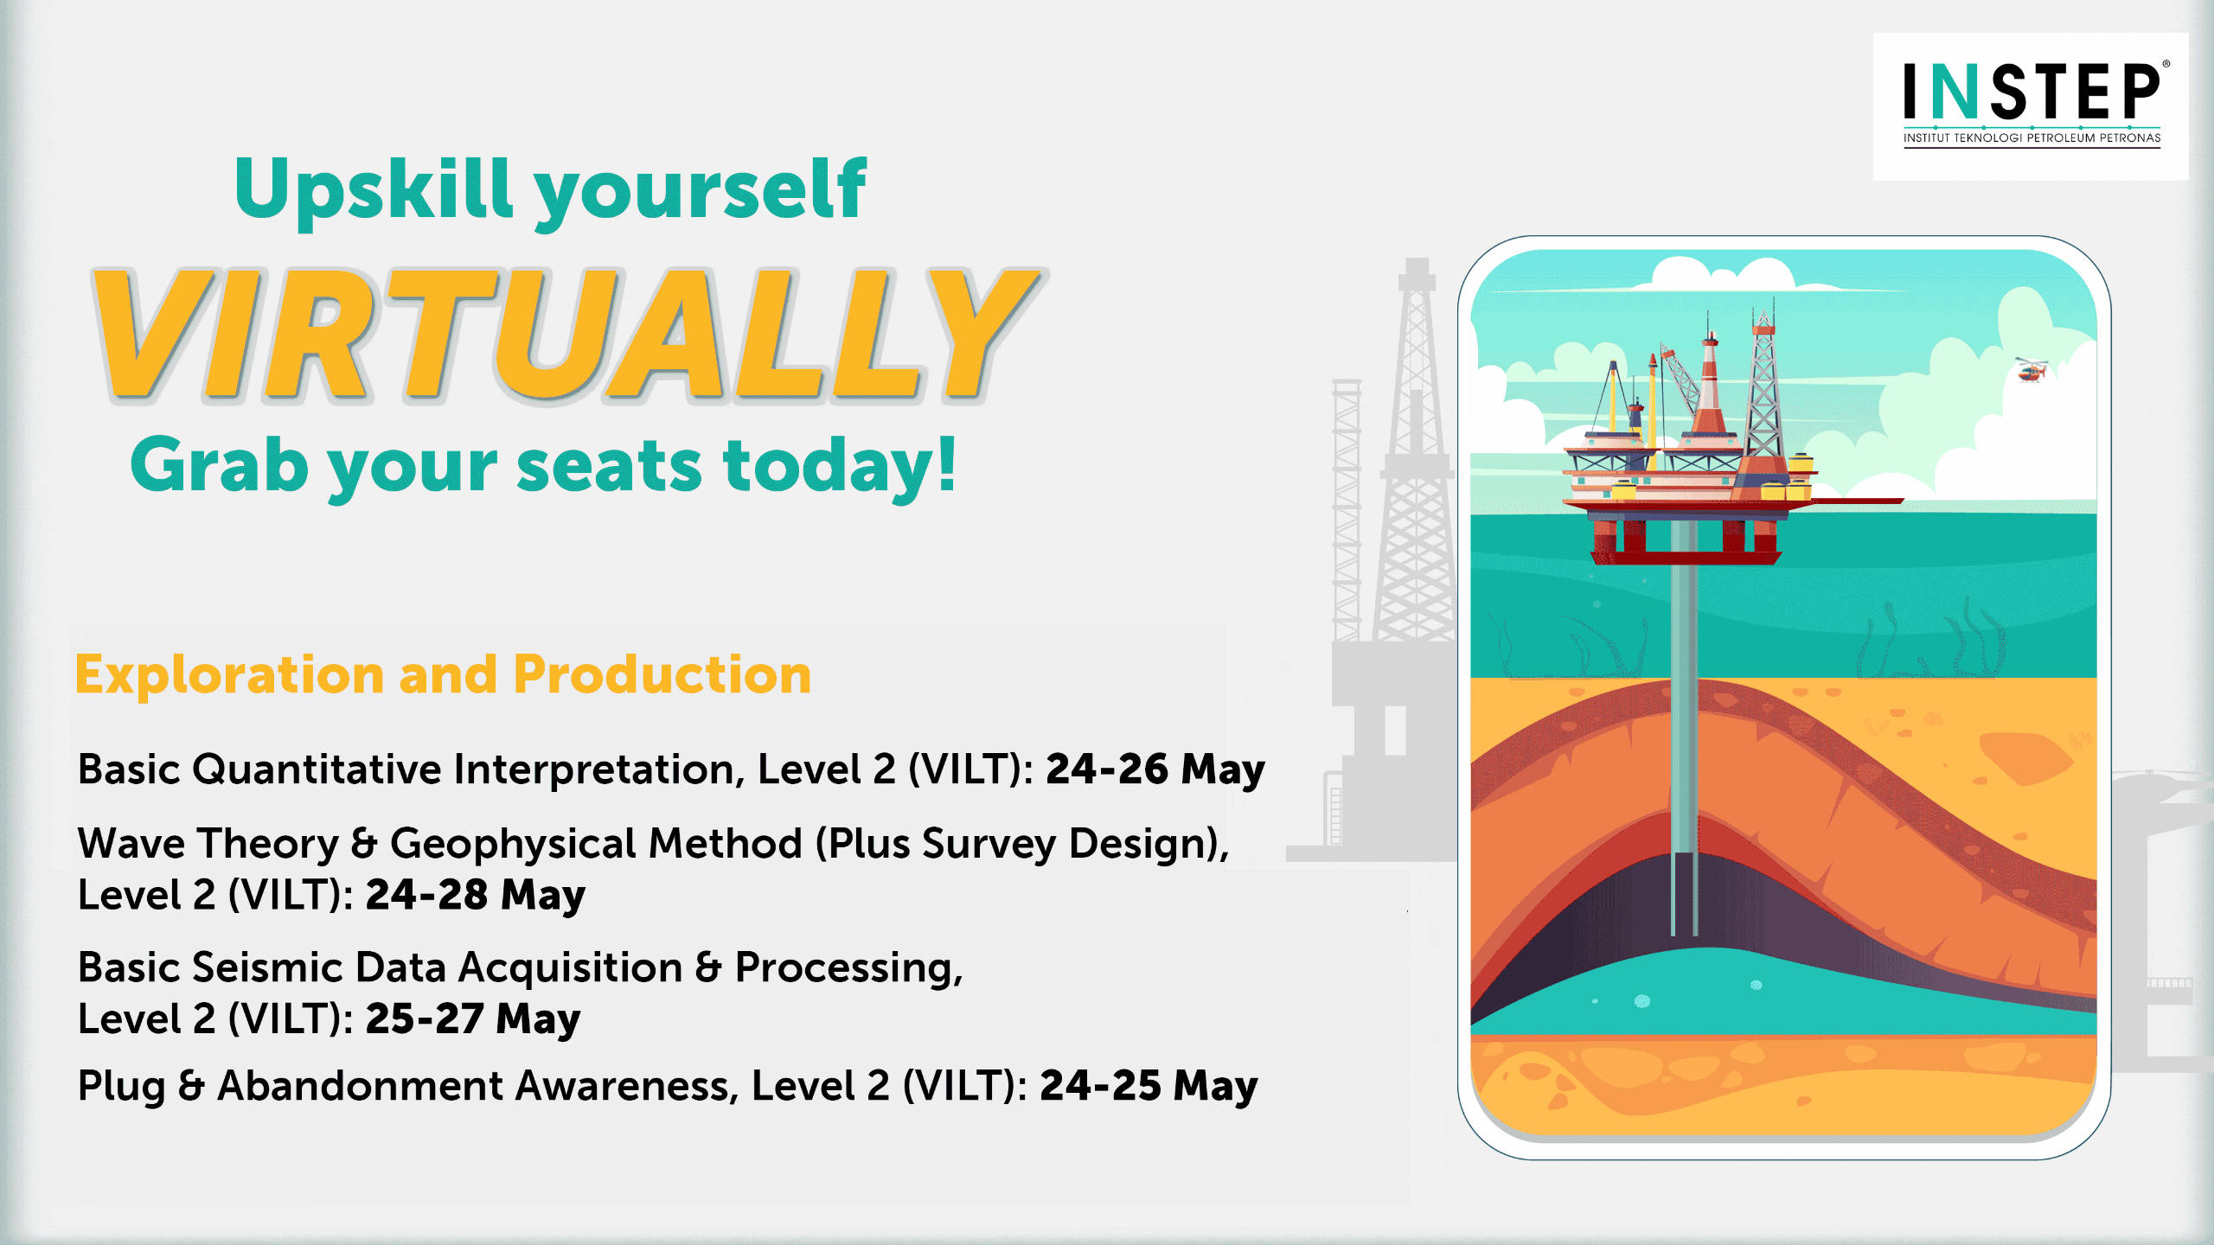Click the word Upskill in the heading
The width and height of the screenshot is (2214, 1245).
374,190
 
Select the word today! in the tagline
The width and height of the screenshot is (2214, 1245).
839,467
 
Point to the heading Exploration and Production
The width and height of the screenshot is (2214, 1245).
443,674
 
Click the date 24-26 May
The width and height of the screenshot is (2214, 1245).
1155,769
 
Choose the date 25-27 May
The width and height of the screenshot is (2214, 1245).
473,1019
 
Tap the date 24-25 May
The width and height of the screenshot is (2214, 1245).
1149,1087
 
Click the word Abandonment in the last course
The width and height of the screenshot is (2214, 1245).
360,1086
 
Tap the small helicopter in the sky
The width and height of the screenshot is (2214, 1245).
2032,369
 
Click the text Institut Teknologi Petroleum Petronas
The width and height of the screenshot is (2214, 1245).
2032,138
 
